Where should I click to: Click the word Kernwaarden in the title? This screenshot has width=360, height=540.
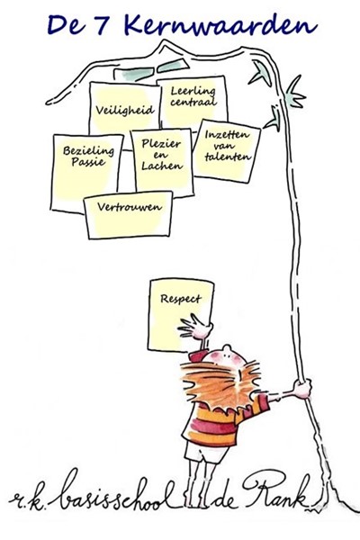(x=220, y=26)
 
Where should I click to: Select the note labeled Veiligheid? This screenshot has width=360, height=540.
(x=125, y=110)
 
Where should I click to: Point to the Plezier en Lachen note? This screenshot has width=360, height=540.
(x=162, y=162)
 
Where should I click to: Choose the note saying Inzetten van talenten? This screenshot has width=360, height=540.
(x=226, y=151)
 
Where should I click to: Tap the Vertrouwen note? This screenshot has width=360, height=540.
(x=129, y=215)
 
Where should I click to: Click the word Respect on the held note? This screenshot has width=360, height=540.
(x=181, y=299)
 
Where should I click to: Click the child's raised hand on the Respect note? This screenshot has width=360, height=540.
(x=195, y=328)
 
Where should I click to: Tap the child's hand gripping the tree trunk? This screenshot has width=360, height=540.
(x=302, y=389)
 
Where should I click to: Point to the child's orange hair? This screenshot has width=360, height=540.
(x=220, y=383)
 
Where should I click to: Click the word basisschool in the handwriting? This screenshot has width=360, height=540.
(x=116, y=493)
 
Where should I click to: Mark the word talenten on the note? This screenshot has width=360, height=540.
(x=228, y=157)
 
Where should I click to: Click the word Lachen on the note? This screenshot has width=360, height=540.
(x=162, y=166)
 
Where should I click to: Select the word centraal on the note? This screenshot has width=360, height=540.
(x=193, y=102)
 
